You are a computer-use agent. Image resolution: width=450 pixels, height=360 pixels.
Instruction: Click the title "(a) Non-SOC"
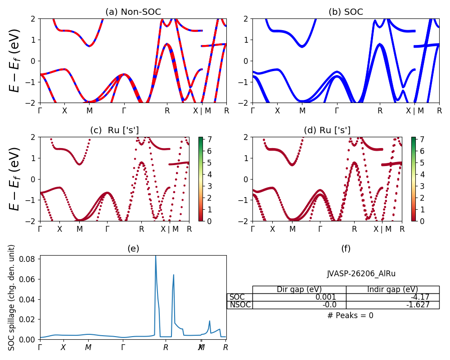pyautogui.click(x=133, y=12)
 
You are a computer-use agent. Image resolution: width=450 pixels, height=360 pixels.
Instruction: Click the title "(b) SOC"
pyautogui.click(x=346, y=12)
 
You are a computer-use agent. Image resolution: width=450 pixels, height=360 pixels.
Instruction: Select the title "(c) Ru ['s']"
pyautogui.click(x=114, y=130)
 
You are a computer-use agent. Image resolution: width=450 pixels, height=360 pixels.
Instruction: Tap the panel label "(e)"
pyautogui.click(x=133, y=248)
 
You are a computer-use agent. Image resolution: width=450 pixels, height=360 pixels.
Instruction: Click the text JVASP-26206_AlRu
pyautogui.click(x=361, y=274)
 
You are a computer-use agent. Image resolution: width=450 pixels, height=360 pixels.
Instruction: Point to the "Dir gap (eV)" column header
pyautogui.click(x=299, y=289)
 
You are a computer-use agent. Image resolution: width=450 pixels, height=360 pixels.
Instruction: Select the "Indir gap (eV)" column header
pyautogui.click(x=392, y=289)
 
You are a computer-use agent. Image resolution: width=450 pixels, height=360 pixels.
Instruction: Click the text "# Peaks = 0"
pyautogui.click(x=351, y=315)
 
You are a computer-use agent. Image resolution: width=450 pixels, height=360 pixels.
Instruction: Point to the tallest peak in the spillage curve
pyautogui.click(x=156, y=256)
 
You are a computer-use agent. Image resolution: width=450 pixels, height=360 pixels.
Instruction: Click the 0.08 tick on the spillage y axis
pyautogui.click(x=30, y=260)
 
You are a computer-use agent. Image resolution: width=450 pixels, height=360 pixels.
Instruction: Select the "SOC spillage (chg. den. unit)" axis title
pyautogui.click(x=12, y=297)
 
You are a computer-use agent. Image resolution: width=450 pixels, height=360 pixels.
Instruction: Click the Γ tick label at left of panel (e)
pyautogui.click(x=40, y=347)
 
